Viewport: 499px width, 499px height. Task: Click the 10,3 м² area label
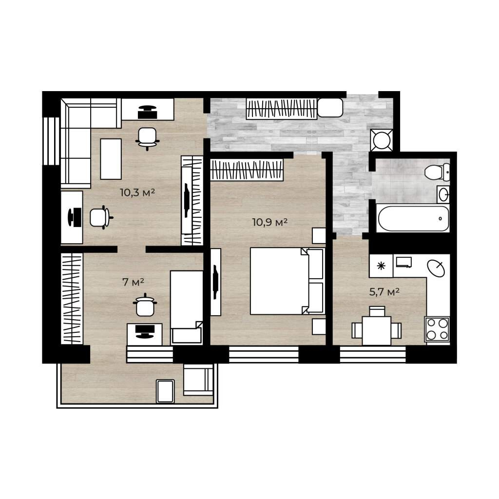(137, 192)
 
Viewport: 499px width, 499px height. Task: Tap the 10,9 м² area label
(270, 222)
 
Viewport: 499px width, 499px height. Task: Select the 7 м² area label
(134, 282)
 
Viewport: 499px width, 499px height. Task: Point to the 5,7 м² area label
(384, 292)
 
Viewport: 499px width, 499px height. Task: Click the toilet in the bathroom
(437, 172)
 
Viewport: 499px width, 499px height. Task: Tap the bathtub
(413, 218)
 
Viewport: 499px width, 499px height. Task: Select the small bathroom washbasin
(443, 194)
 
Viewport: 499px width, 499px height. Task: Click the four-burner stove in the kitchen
(437, 329)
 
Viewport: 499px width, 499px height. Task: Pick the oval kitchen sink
(436, 269)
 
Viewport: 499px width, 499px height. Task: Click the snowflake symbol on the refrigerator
(381, 266)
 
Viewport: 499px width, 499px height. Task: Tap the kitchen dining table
(377, 331)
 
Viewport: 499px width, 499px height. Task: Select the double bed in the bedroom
(287, 281)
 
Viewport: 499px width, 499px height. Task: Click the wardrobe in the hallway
(281, 109)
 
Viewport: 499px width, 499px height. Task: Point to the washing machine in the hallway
(382, 140)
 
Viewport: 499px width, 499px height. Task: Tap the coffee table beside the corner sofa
(111, 159)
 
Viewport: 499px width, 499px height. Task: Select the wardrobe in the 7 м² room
(72, 299)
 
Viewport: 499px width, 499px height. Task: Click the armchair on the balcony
(198, 380)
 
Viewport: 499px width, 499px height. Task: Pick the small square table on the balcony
(166, 391)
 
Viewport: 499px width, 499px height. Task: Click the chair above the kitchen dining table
(377, 311)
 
